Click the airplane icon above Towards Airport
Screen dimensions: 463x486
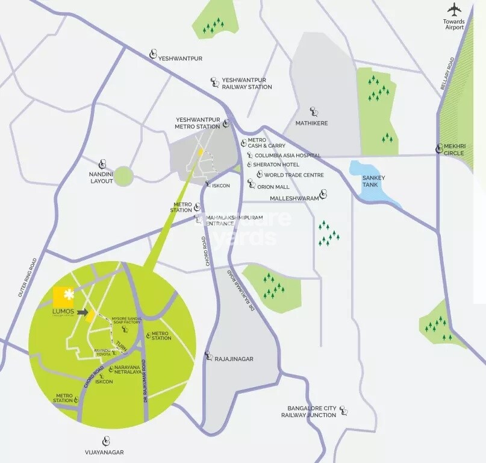click(x=454, y=10)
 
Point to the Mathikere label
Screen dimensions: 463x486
click(x=311, y=123)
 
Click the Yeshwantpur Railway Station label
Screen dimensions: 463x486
click(x=247, y=83)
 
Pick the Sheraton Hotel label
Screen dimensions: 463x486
click(x=276, y=165)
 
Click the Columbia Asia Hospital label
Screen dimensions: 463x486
click(x=288, y=156)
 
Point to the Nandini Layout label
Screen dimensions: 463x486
click(x=102, y=177)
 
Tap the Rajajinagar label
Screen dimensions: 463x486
click(x=234, y=359)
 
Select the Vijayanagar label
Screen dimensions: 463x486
click(x=107, y=451)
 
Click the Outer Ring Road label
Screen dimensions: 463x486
click(x=27, y=278)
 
